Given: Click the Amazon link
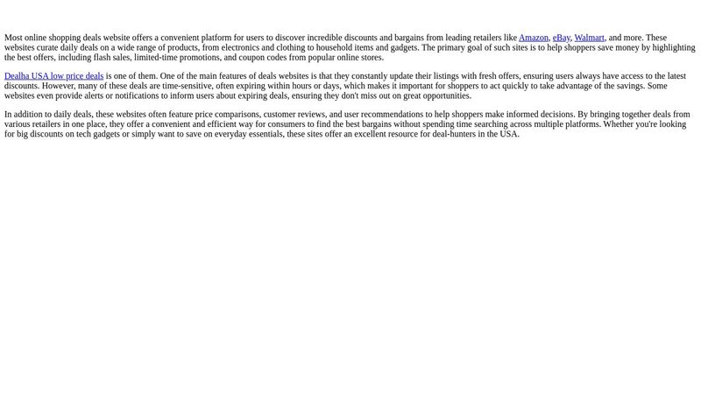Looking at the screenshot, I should point(533,38).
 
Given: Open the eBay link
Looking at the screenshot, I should point(561,38).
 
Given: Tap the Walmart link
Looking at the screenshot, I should point(589,38).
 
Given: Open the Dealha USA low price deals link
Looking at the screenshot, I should point(53,76).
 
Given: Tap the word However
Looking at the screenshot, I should point(60,86).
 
